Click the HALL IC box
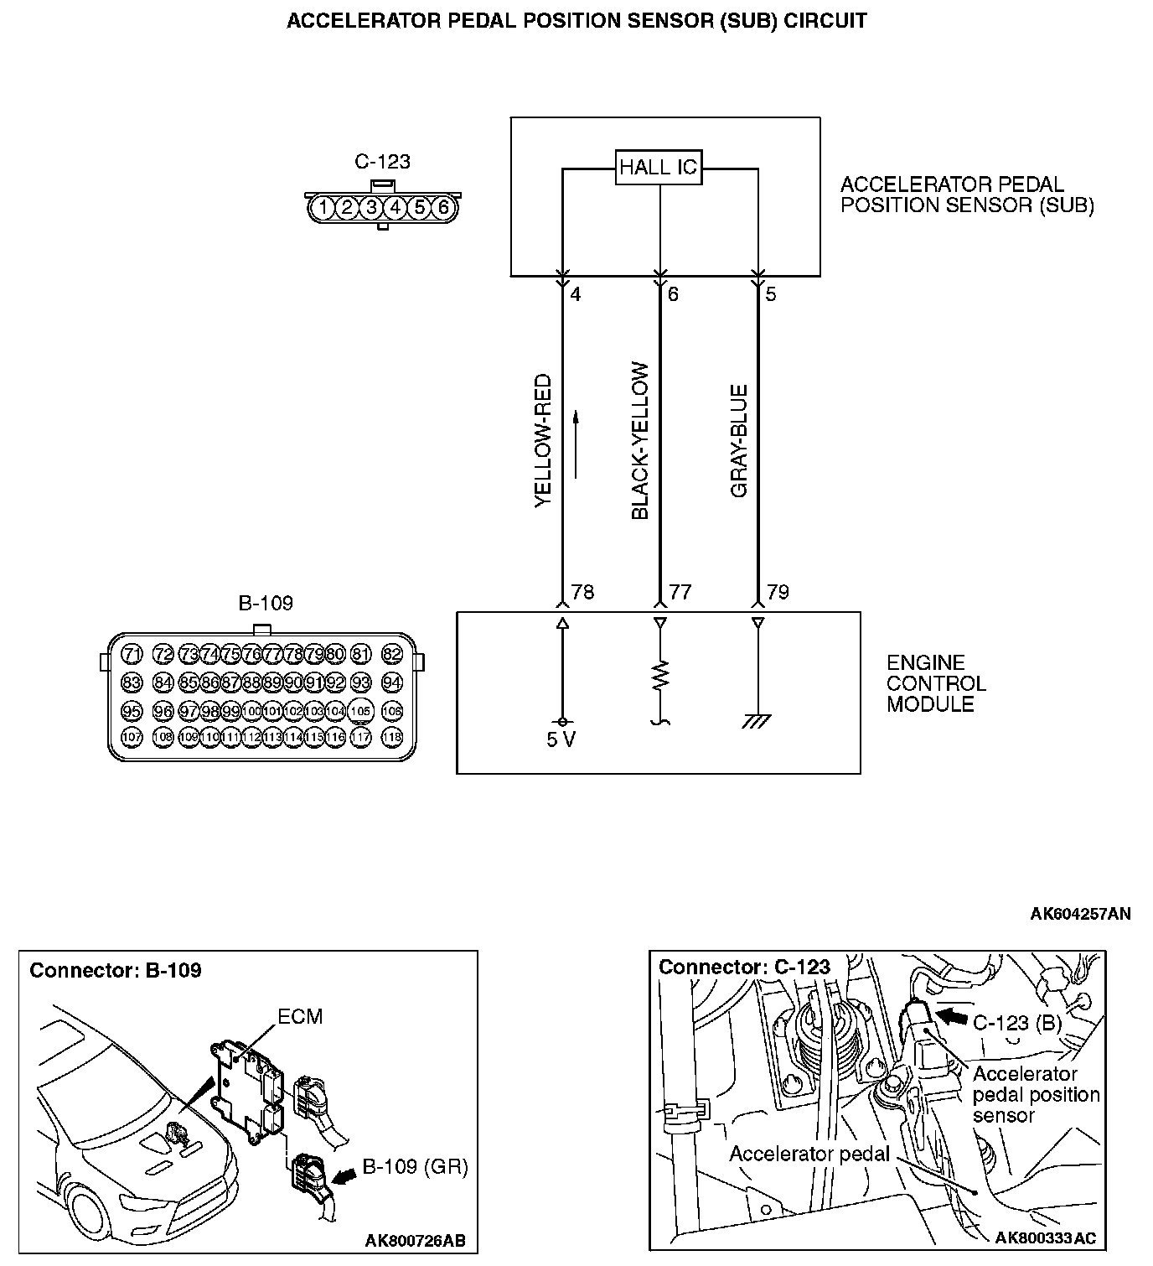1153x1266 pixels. (x=658, y=167)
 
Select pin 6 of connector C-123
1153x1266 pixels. (x=443, y=207)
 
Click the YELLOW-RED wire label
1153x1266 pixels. (x=544, y=441)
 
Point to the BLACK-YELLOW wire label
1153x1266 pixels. (x=640, y=441)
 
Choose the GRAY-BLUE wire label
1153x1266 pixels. (x=738, y=441)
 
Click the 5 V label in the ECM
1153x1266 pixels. (x=561, y=740)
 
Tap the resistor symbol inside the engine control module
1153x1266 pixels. (x=661, y=675)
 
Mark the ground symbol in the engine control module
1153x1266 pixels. (x=757, y=720)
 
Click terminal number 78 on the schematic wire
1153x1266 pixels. (x=582, y=593)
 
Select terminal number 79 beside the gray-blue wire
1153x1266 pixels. (x=778, y=593)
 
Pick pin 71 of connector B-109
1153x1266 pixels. (x=132, y=654)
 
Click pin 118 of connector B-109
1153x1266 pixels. (x=392, y=737)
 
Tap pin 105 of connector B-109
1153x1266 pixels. (x=360, y=711)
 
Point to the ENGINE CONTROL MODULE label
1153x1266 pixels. (x=936, y=683)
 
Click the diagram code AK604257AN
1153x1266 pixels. (x=1080, y=914)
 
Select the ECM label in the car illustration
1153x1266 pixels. (x=300, y=1017)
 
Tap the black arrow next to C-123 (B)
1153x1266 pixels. (x=951, y=1017)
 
